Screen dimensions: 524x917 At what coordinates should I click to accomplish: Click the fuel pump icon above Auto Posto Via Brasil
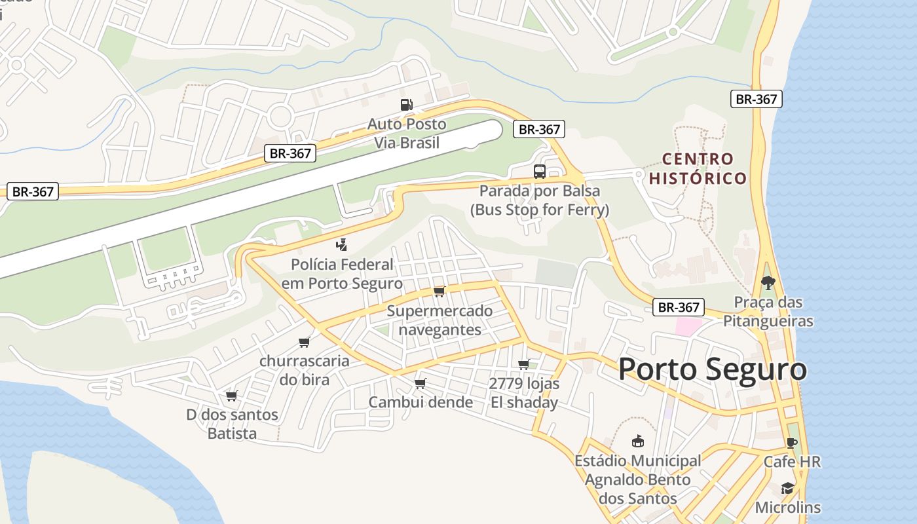pyautogui.click(x=406, y=105)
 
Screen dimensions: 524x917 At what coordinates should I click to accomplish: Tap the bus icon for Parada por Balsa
pyautogui.click(x=540, y=172)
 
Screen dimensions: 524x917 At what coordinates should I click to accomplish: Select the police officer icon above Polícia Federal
pyautogui.click(x=341, y=246)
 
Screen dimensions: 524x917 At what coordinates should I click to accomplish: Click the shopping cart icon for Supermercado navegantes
pyautogui.click(x=439, y=291)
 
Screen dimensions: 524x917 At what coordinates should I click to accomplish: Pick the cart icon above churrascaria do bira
pyautogui.click(x=304, y=342)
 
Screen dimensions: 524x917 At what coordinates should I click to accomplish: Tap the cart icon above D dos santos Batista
pyautogui.click(x=231, y=396)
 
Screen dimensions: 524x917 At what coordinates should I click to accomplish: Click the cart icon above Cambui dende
pyautogui.click(x=420, y=383)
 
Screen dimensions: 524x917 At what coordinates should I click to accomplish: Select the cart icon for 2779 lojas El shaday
pyautogui.click(x=523, y=364)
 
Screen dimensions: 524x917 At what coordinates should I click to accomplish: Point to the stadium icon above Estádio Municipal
pyautogui.click(x=637, y=441)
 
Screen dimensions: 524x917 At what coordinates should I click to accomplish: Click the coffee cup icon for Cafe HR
pyautogui.click(x=791, y=443)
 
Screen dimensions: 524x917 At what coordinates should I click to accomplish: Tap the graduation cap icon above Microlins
pyautogui.click(x=787, y=489)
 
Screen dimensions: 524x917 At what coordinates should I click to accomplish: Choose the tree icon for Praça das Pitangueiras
pyautogui.click(x=768, y=283)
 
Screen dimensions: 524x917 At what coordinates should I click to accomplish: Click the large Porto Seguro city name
pyautogui.click(x=712, y=369)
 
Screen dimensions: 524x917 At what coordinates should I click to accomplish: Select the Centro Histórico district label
pyautogui.click(x=698, y=168)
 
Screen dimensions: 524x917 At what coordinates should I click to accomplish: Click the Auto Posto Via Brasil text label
pyautogui.click(x=406, y=133)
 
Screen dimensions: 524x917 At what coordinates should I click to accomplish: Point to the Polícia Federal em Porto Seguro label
pyautogui.click(x=342, y=274)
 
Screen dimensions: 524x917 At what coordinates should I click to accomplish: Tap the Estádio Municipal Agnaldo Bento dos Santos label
pyautogui.click(x=637, y=479)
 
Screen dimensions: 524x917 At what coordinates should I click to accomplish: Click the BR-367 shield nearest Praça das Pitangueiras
pyautogui.click(x=679, y=307)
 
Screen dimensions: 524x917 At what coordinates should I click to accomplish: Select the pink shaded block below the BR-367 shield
pyautogui.click(x=688, y=326)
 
